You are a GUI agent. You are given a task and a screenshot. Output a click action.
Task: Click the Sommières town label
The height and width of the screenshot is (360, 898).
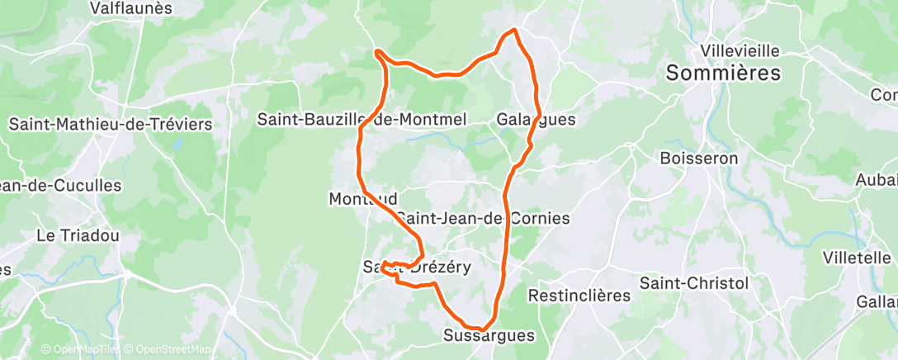pos(723,73)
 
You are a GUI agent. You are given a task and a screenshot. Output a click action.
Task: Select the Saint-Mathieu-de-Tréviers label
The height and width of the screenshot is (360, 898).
pos(111,125)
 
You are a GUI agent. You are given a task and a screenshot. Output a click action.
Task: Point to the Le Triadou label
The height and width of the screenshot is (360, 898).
pos(78,235)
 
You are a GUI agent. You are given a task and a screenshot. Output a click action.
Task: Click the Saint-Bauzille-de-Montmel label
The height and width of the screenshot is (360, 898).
pos(362,120)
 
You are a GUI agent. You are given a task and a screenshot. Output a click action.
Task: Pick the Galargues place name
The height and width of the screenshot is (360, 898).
pos(536,120)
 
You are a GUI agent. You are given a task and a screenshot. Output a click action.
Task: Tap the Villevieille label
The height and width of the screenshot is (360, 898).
pos(739,50)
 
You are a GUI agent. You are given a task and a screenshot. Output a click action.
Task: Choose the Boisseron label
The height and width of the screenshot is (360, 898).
pos(699,157)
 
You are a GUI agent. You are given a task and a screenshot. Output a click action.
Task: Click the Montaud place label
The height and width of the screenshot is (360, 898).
pos(363,199)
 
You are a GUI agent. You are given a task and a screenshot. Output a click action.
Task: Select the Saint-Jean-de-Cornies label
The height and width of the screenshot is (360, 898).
pos(483,219)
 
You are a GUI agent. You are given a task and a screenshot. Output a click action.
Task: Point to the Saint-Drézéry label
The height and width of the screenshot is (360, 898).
pos(417,267)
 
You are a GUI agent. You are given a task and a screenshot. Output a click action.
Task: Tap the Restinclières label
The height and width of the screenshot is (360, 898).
pos(579,295)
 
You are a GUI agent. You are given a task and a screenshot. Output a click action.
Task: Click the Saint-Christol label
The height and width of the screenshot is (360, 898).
pos(694,283)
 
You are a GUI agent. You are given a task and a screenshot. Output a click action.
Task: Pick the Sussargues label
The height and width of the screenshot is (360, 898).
pos(489,336)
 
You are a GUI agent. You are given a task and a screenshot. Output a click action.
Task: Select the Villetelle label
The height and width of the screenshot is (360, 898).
pos(857,258)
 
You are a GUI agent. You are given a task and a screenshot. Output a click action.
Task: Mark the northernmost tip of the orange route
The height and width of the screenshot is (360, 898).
pos(514,30)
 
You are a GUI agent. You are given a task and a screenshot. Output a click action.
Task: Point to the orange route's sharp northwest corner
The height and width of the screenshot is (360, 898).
pos(377,52)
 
